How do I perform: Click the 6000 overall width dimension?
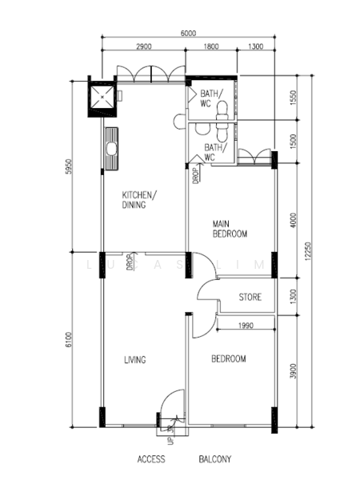point(188,33)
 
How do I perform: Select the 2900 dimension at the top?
point(144,46)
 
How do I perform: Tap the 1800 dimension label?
point(211,46)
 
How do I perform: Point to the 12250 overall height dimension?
point(308,251)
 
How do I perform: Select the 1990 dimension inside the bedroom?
point(246,326)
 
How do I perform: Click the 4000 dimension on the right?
point(294,221)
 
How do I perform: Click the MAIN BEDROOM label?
point(230,229)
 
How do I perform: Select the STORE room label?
point(250,297)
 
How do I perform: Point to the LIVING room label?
point(135,360)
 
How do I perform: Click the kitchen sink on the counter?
point(111,149)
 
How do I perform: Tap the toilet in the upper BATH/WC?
point(222,110)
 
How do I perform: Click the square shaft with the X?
point(102,97)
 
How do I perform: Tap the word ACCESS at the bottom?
point(151,459)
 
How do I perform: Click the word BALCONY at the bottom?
point(215,459)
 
